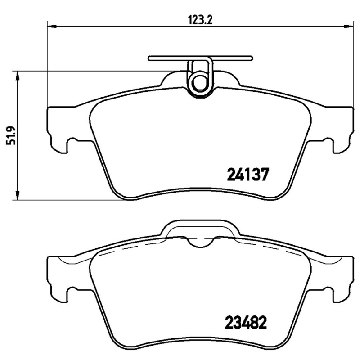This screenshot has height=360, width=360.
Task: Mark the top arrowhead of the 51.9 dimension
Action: (x=18, y=75)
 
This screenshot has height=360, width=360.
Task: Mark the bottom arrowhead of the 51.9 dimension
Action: (x=18, y=196)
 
